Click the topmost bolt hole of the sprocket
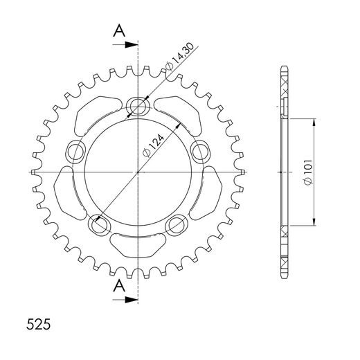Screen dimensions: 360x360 coord(138,106)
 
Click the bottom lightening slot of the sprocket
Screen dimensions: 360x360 coord(138,244)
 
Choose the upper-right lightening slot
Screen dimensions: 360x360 coord(179,113)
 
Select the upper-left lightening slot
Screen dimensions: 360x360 coord(98,113)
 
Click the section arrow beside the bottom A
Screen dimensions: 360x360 coord(132,300)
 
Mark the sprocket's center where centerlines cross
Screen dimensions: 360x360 coord(138,171)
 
